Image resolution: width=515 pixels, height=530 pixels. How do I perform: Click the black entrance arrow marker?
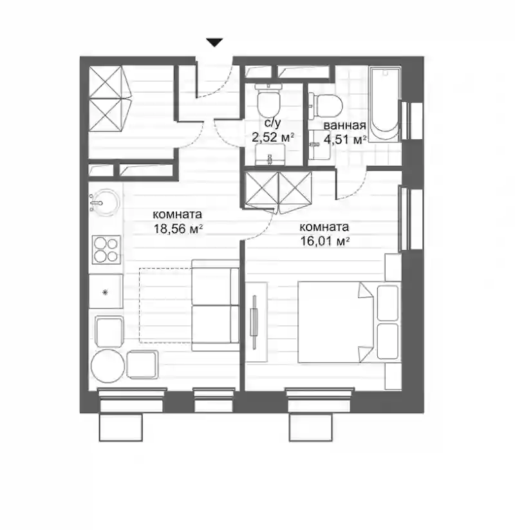click(x=214, y=43)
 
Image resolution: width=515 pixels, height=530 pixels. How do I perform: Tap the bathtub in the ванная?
click(x=384, y=104)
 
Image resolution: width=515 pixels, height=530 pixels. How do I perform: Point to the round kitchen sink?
click(x=104, y=202)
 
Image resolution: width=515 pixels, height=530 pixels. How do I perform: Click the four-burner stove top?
click(x=107, y=249)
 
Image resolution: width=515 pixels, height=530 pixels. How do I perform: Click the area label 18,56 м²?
click(x=178, y=229)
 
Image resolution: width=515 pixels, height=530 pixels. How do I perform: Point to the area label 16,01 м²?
click(x=324, y=241)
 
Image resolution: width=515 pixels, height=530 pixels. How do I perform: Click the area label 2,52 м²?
click(x=273, y=137)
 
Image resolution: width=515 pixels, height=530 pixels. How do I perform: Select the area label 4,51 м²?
click(x=345, y=139)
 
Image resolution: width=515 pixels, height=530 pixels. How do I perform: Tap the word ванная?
click(x=344, y=126)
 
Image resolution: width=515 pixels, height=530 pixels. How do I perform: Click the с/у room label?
click(x=272, y=124)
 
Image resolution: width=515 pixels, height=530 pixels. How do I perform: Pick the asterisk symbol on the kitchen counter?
click(x=105, y=292)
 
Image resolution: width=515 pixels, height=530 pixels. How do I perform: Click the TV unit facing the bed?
click(x=256, y=322)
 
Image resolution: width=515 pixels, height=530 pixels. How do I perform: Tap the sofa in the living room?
click(x=215, y=305)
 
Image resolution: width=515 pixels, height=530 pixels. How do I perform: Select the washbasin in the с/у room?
click(x=270, y=155)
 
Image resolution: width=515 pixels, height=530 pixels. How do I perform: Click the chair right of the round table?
click(x=142, y=364)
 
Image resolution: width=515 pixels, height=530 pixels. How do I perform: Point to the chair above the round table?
click(x=109, y=332)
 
